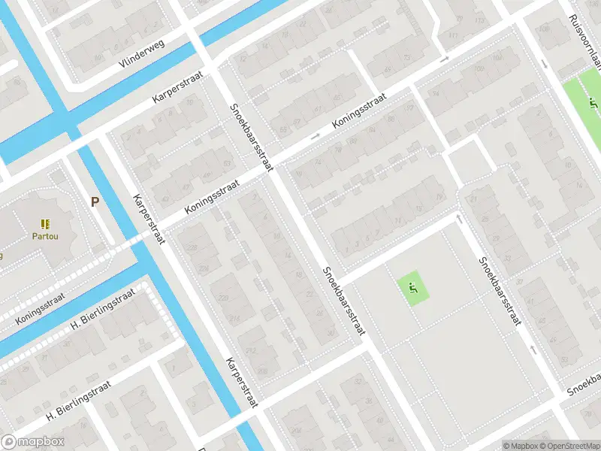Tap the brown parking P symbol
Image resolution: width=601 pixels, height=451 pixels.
(95, 201)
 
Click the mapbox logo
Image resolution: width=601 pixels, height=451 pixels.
(33, 442)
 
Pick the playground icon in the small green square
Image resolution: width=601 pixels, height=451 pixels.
(412, 286)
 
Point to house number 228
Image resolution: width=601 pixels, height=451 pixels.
(192, 248)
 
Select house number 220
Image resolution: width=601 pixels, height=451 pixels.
(223, 298)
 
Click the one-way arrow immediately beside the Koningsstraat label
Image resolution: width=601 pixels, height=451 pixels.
(314, 136)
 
